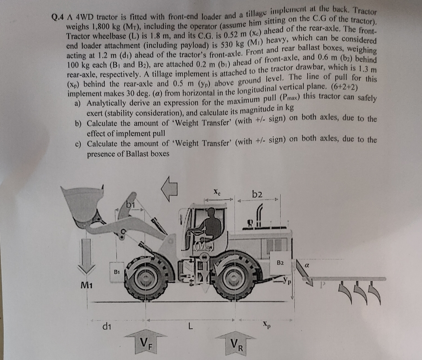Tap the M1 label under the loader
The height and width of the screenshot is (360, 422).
pyautogui.click(x=87, y=285)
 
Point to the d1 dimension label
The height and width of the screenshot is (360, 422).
pyautogui.click(x=107, y=326)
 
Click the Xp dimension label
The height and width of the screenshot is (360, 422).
pyautogui.click(x=265, y=324)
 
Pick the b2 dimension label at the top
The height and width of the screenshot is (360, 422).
pyautogui.click(x=257, y=194)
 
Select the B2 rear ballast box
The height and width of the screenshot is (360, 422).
pyautogui.click(x=280, y=263)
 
